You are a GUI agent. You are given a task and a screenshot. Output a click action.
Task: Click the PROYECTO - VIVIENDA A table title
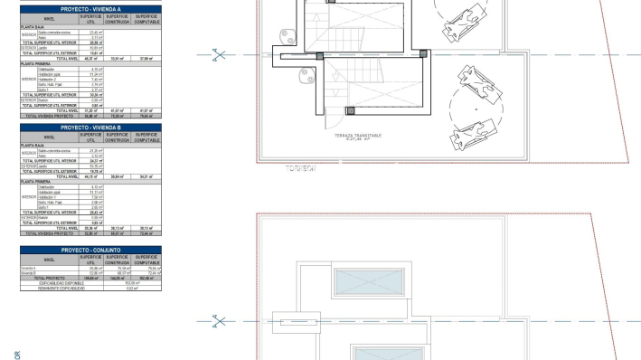point(90,9)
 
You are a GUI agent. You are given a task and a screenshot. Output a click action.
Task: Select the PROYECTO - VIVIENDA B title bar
point(90,128)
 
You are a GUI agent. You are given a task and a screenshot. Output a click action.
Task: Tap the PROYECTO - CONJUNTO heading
point(90,250)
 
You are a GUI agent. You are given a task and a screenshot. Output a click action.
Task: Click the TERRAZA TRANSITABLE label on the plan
point(358,136)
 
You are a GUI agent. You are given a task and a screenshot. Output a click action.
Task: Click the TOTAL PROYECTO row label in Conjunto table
point(50,278)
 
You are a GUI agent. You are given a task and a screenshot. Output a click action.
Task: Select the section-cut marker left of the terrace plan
point(217,54)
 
